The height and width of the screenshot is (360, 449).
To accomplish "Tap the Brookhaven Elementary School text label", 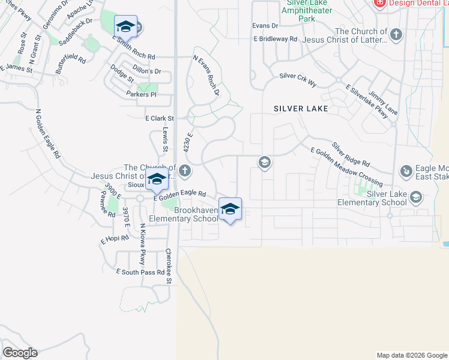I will click(196, 215).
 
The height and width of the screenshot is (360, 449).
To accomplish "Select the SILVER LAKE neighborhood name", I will click(301, 109).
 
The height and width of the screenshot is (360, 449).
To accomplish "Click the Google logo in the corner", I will click(20, 353).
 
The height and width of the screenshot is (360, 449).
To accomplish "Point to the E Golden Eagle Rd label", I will click(179, 194).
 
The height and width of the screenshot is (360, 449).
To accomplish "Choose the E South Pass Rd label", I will click(140, 272).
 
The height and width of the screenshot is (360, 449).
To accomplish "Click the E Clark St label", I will click(159, 119).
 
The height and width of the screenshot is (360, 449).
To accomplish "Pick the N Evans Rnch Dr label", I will click(206, 76).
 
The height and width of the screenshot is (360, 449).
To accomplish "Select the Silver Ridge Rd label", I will click(351, 154).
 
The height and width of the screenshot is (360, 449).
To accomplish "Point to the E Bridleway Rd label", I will click(275, 39).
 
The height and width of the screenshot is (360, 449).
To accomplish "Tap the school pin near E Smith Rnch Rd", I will click(125, 26).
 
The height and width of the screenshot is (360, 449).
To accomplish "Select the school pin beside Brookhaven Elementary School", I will click(230, 209).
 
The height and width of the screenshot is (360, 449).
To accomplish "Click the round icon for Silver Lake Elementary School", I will click(416, 197).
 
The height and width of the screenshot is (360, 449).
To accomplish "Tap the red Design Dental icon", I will click(379, 3).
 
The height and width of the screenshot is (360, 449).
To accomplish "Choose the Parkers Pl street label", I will click(141, 95).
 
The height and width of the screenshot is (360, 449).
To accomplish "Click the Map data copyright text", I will click(411, 355).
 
